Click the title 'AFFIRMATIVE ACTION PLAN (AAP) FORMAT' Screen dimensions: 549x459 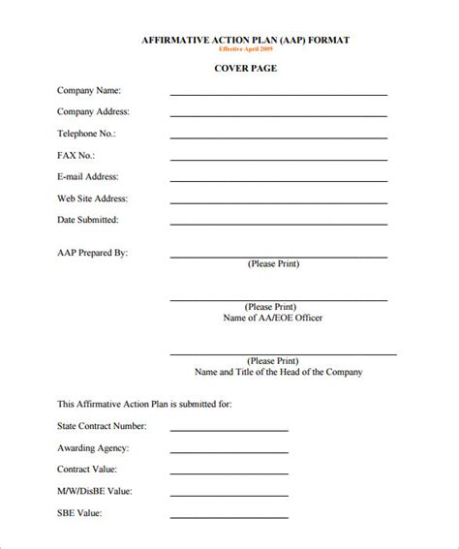[245, 40]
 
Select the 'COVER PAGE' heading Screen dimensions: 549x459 [245, 69]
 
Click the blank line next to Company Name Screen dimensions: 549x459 [279, 95]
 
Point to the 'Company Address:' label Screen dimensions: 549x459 [93, 111]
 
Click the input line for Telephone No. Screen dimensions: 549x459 [279, 138]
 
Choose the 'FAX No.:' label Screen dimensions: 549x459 [76, 155]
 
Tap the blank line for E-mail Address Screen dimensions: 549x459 [279, 182]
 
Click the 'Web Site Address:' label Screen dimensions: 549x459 [92, 198]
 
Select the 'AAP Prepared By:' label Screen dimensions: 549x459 [92, 252]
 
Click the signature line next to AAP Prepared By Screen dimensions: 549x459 [279, 257]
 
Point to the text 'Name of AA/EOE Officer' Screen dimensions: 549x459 [272, 318]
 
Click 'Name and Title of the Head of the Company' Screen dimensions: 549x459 [279, 371]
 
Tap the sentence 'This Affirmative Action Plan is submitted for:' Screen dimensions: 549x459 [144, 404]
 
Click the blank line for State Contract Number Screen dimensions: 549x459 [229, 431]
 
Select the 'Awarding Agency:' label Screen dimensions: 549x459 [93, 448]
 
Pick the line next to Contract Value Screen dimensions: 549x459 [229, 474]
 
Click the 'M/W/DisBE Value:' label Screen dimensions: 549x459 [96, 491]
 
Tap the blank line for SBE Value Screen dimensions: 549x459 [229, 518]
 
